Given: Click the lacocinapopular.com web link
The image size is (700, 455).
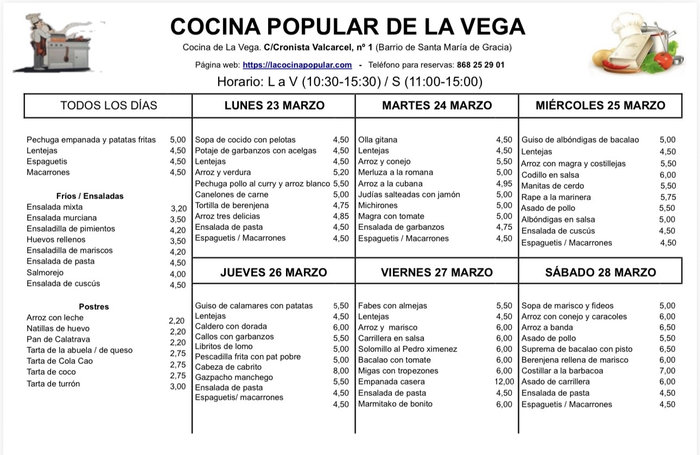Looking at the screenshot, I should pos(297,65).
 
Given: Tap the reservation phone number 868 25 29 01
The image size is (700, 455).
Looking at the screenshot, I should pos(481,65).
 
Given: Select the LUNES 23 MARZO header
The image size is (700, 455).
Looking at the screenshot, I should pos(275,105).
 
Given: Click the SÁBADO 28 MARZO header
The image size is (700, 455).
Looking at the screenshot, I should pos(601,272).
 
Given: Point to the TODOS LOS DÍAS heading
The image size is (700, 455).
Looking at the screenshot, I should pos(109,105).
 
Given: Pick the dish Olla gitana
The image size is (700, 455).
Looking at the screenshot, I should pos(378,140).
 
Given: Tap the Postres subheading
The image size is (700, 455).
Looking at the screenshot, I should pos(94,307).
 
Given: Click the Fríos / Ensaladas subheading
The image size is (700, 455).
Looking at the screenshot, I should pos(90,196).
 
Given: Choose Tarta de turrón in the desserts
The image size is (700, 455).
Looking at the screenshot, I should pos(53,384).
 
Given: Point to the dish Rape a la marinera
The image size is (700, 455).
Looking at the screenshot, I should pos(556,197).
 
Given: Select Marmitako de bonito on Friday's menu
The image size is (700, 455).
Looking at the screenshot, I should pos(395,404).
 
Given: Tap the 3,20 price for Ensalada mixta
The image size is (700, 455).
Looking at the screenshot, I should pos(178,208).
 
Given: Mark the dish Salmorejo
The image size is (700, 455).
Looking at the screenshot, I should pos(45,273).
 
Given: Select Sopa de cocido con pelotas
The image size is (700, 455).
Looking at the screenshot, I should pos(245,140).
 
